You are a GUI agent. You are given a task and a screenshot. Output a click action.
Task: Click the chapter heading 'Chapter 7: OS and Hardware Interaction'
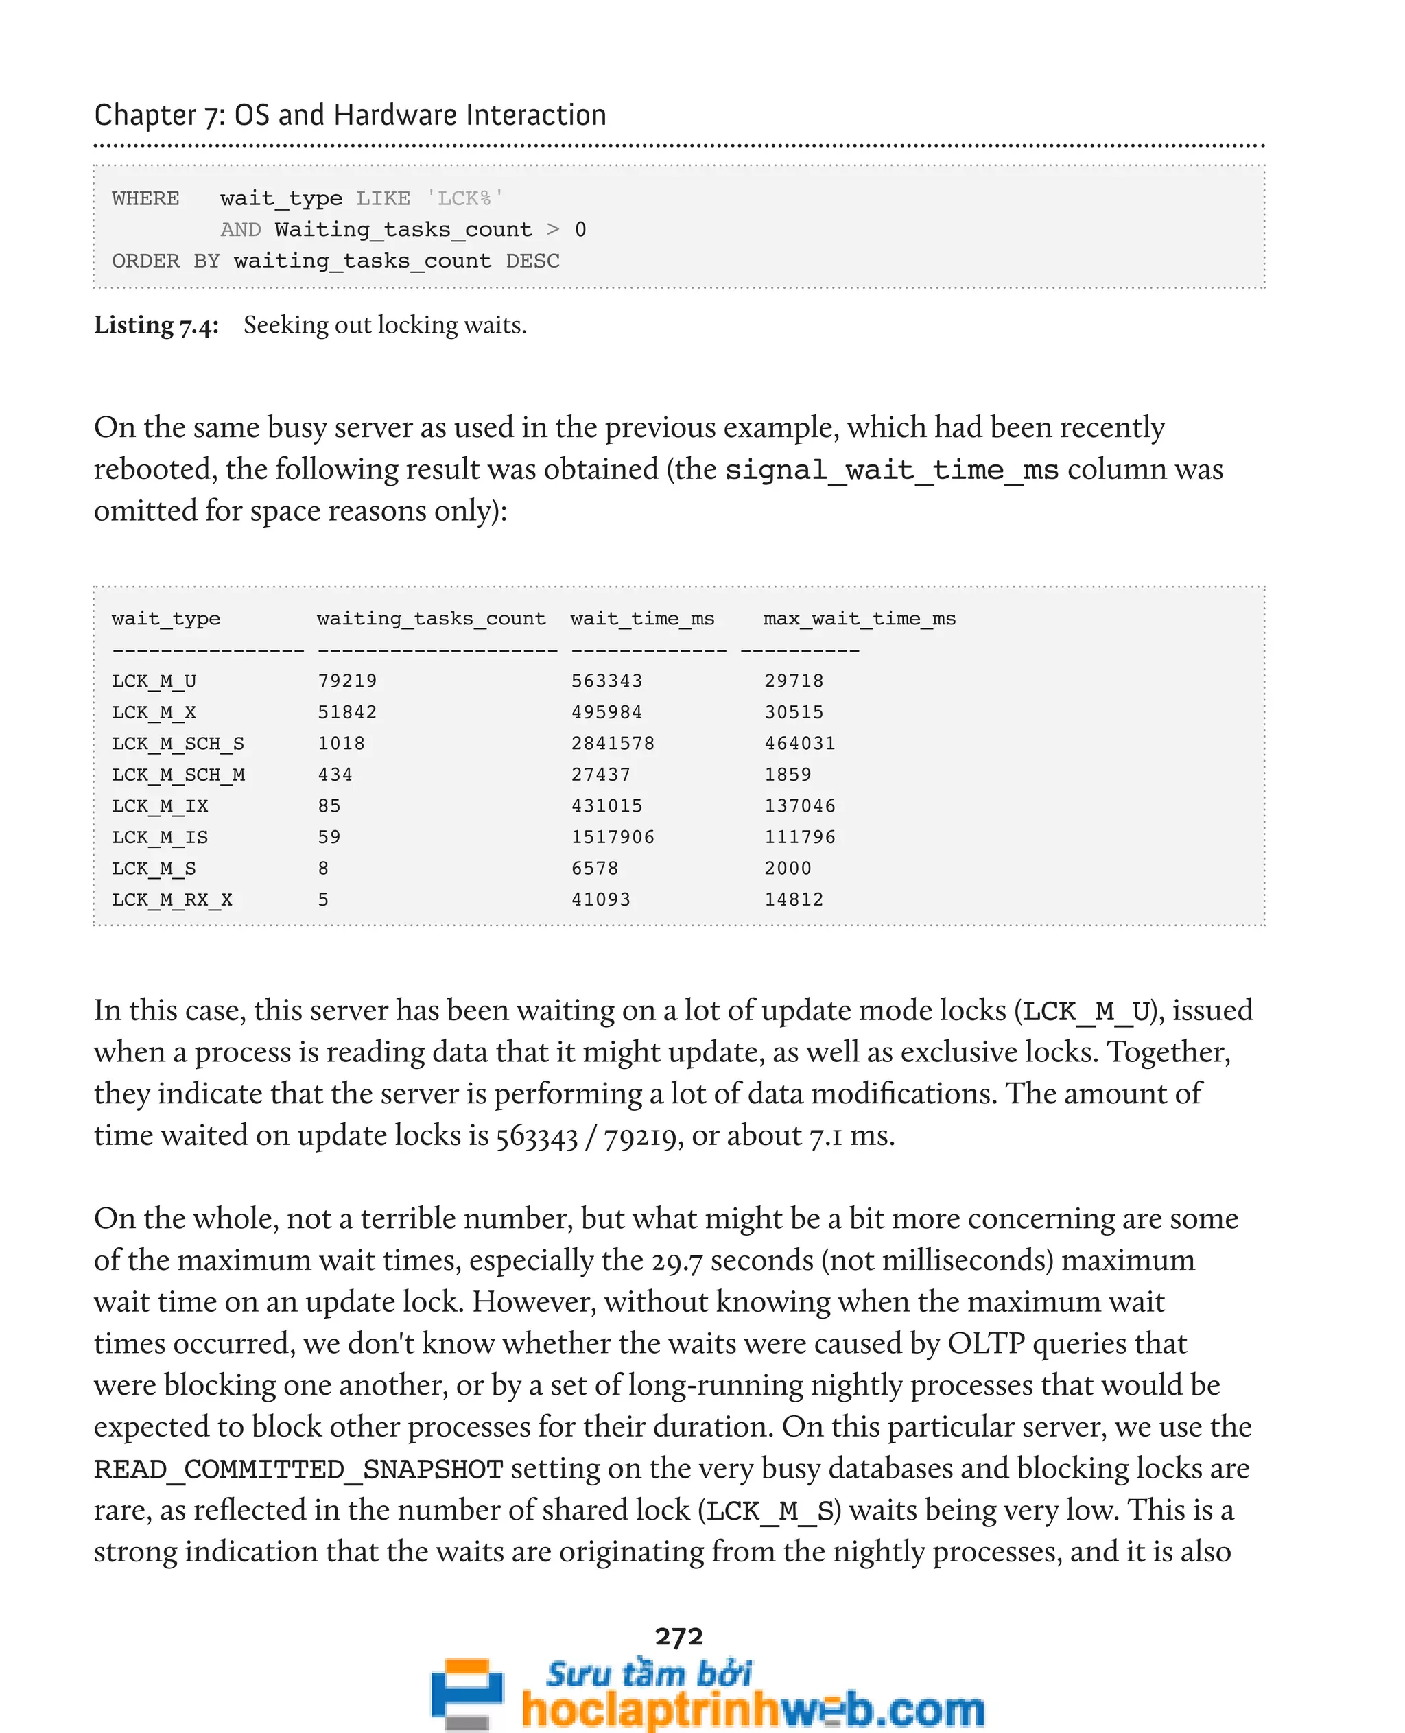pyautogui.click(x=350, y=115)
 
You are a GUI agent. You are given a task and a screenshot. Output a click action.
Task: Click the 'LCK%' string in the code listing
pyautogui.click(x=464, y=198)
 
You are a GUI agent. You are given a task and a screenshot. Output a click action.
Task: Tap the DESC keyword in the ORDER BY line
pyautogui.click(x=532, y=261)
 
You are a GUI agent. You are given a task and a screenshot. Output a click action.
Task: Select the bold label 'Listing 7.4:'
pyautogui.click(x=156, y=325)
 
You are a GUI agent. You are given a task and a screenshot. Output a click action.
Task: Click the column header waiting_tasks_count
pyautogui.click(x=431, y=618)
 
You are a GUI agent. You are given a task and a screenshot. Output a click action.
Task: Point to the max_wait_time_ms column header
pyautogui.click(x=859, y=618)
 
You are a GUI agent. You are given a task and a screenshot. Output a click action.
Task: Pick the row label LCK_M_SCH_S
pyautogui.click(x=177, y=743)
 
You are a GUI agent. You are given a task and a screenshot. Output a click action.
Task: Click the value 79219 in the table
pyautogui.click(x=346, y=681)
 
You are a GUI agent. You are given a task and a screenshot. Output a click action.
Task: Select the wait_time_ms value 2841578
pyautogui.click(x=613, y=743)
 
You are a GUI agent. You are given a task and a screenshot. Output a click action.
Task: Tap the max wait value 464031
pyautogui.click(x=800, y=743)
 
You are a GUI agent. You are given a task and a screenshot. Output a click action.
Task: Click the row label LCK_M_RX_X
pyautogui.click(x=172, y=899)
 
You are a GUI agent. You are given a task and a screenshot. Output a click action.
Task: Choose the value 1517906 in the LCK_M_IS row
pyautogui.click(x=613, y=837)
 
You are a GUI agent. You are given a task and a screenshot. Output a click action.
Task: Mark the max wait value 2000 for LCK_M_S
pyautogui.click(x=788, y=869)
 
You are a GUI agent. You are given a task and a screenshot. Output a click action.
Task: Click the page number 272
pyautogui.click(x=678, y=1636)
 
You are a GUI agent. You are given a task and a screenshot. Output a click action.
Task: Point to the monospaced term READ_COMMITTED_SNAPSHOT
pyautogui.click(x=298, y=1469)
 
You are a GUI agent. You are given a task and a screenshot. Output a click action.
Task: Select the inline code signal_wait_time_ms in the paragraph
pyautogui.click(x=891, y=470)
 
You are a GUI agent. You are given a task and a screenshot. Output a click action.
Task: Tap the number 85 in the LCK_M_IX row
pyautogui.click(x=329, y=806)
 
